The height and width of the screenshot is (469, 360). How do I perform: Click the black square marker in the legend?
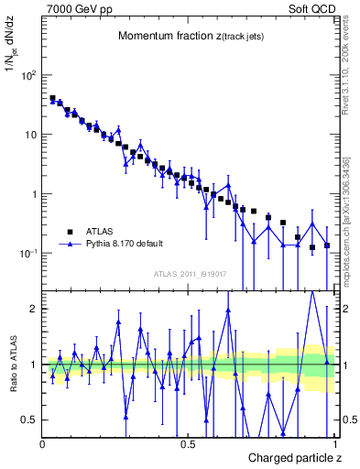pos(69,232)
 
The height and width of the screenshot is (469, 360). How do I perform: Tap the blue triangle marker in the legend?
pos(69,245)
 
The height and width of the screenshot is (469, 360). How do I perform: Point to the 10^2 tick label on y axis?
pos(26,75)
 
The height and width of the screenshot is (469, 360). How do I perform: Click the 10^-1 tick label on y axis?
pos(26,254)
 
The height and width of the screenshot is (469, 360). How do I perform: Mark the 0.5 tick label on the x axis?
pos(188,444)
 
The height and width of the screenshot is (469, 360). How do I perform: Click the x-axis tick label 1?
pos(336,444)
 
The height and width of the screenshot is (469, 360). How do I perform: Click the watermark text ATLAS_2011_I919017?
pos(191,274)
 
